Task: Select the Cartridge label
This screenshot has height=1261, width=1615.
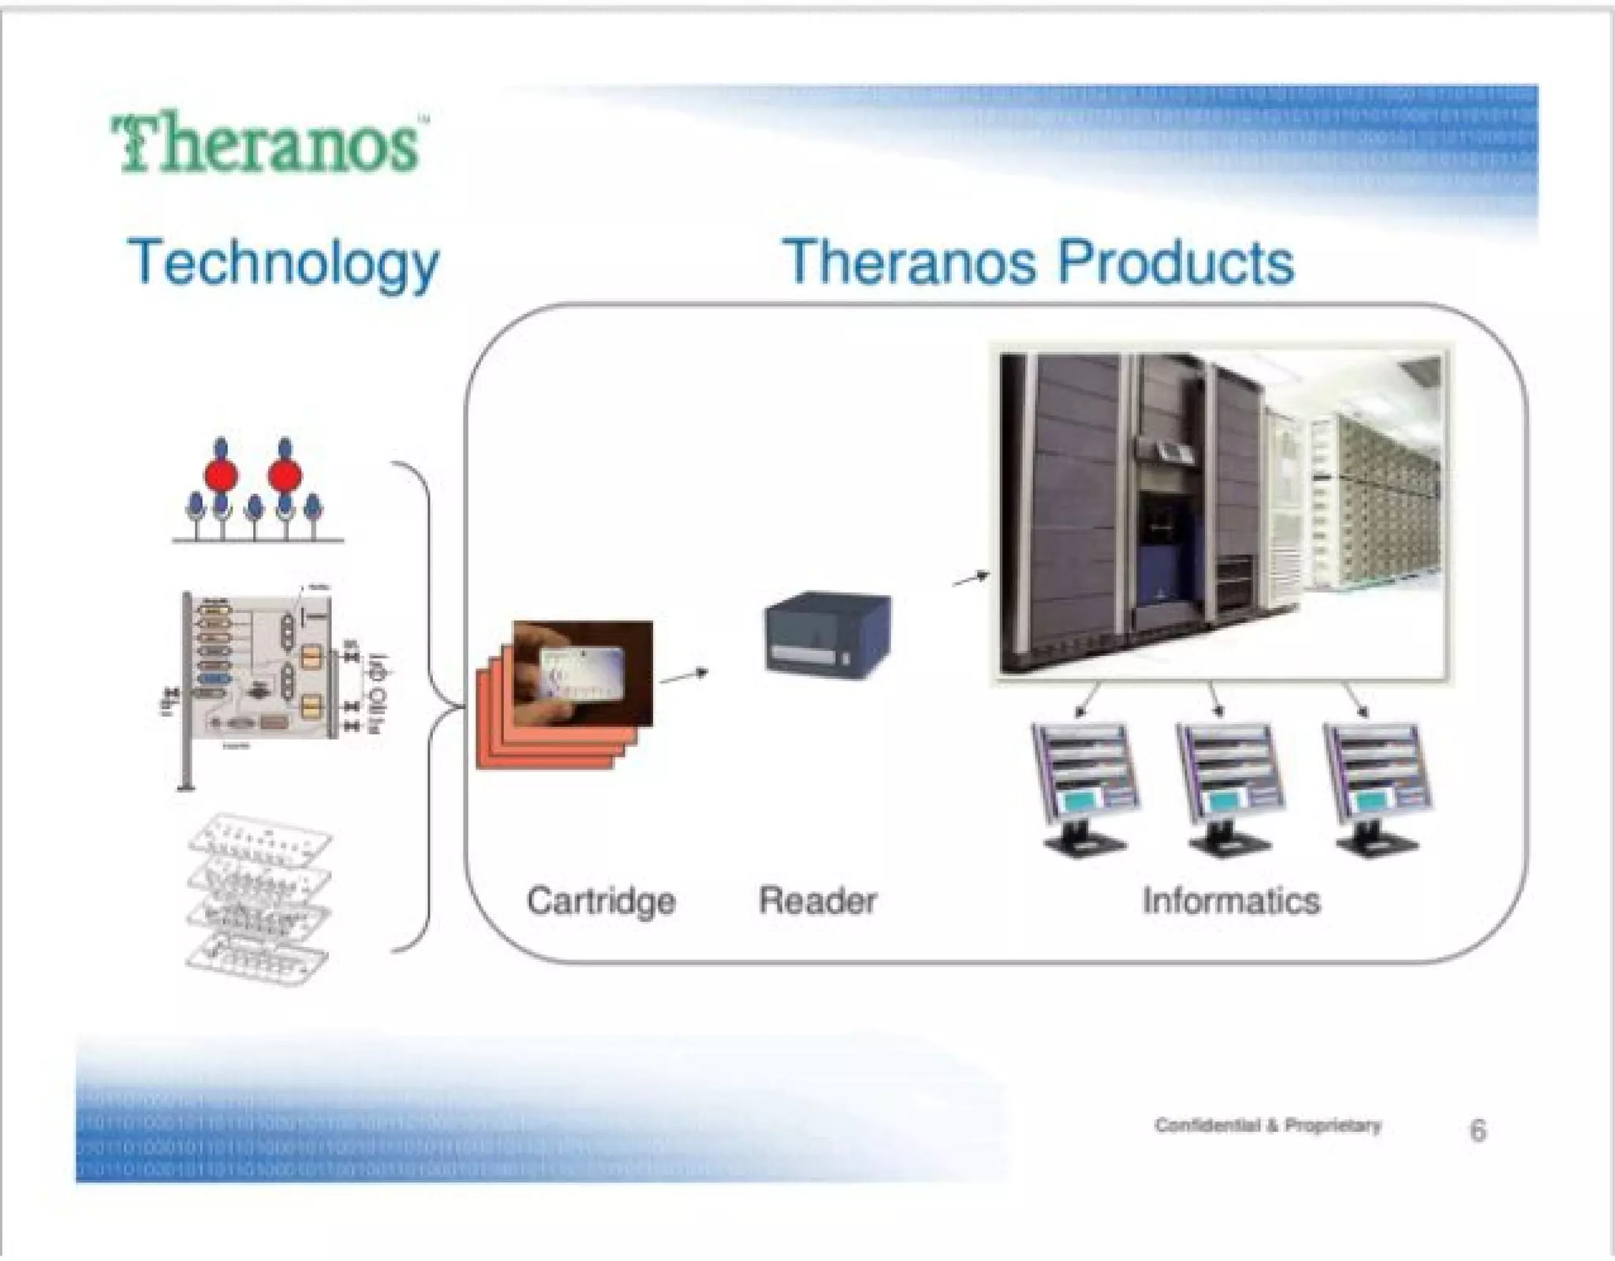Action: pos(601,901)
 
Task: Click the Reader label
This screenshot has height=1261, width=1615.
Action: pos(817,901)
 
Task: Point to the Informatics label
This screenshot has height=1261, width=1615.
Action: pos(1231,901)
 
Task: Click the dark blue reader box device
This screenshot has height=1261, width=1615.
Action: pos(828,635)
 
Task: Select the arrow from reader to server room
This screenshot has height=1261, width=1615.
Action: pos(971,580)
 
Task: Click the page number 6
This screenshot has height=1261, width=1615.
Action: pos(1478,1130)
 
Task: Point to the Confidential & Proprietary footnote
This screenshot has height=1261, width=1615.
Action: pos(1267,1125)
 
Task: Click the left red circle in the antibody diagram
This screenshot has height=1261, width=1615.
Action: pos(222,476)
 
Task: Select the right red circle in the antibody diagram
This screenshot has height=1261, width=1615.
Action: pos(285,476)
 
